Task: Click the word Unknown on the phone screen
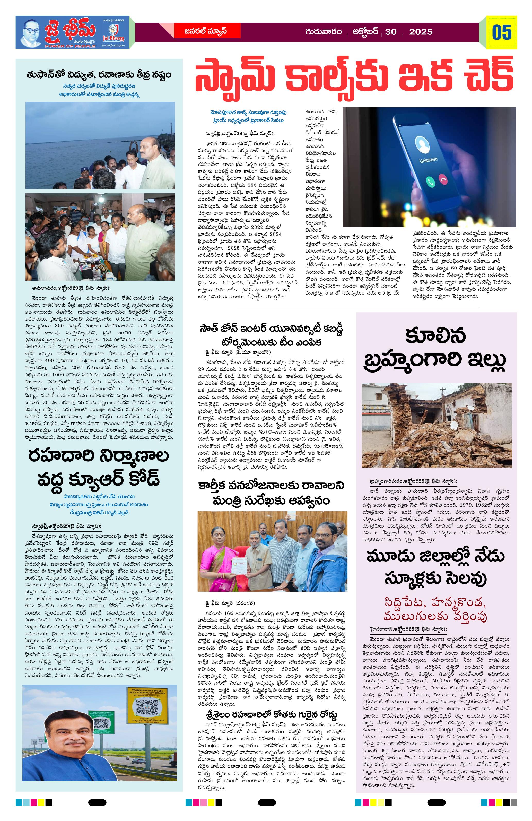click(x=429, y=160)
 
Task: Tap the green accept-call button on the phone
click(x=430, y=181)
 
